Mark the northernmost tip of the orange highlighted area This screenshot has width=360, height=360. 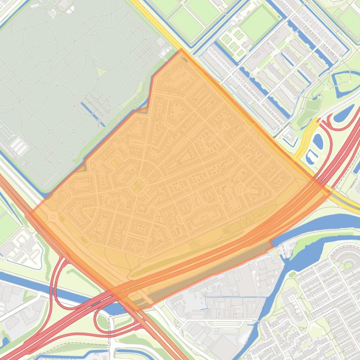tap(181, 50)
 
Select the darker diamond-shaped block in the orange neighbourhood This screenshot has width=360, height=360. tap(138, 187)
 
